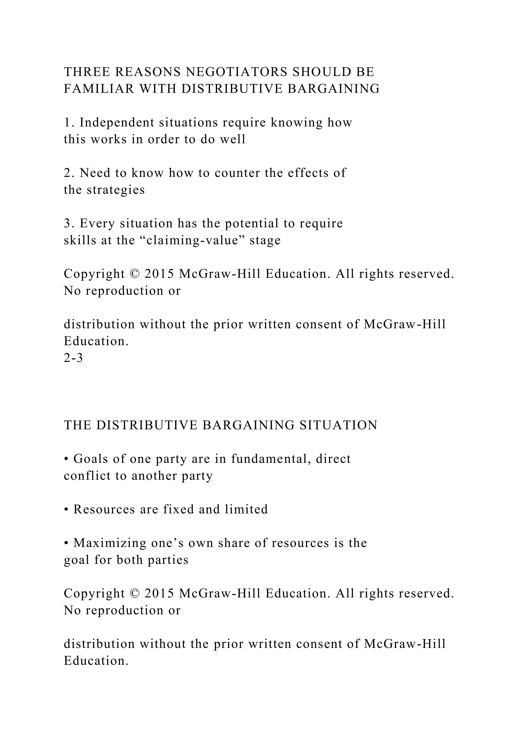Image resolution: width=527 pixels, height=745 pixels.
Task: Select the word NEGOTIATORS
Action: [236, 72]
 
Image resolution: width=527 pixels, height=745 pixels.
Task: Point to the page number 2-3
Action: [73, 358]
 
